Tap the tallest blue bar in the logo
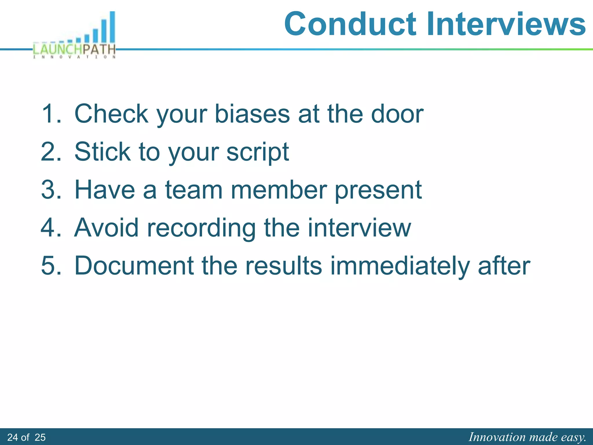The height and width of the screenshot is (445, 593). (112, 28)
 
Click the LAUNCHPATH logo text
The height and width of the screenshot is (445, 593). (74, 49)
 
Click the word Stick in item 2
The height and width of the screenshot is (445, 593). (103, 152)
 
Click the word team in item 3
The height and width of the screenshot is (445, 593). (194, 190)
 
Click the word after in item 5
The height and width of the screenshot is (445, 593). (504, 266)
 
